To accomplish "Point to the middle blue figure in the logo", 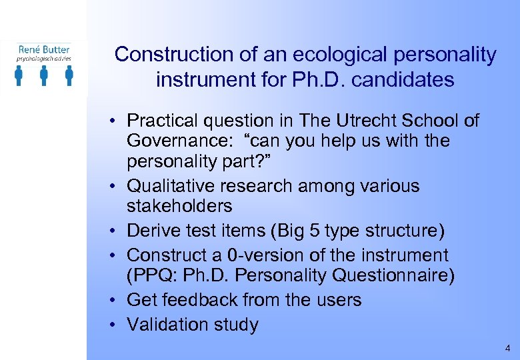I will pyautogui.click(x=44, y=75).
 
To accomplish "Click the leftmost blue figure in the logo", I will pyautogui.click(x=19, y=75).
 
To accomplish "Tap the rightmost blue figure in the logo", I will pyautogui.click(x=69, y=75).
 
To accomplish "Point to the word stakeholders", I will pyautogui.click(x=179, y=205).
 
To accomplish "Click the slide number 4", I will pyautogui.click(x=508, y=349).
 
